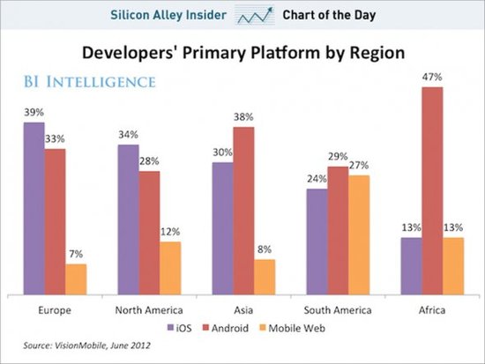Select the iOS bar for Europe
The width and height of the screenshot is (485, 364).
(x=34, y=209)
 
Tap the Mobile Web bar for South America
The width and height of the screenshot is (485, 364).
(x=361, y=235)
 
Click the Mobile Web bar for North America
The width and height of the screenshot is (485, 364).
(x=170, y=268)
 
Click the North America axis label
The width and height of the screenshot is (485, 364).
(x=149, y=310)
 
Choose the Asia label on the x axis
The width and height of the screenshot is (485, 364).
(x=242, y=310)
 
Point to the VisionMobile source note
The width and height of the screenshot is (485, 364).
(x=71, y=346)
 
